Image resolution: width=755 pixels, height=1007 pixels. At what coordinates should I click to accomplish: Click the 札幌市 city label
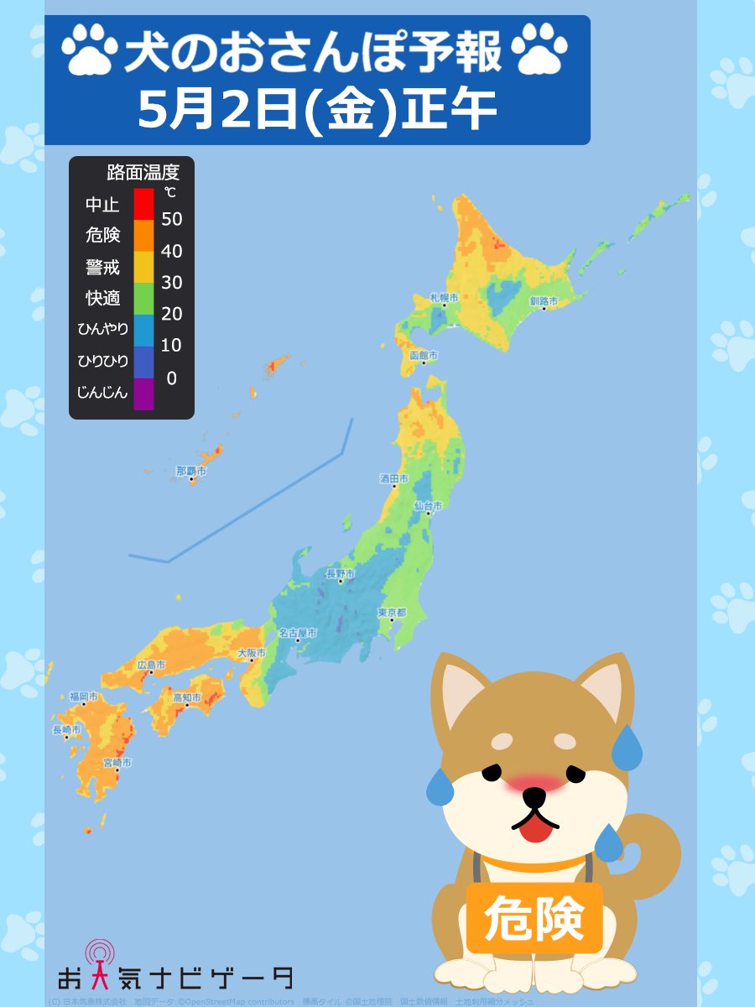tap(444, 298)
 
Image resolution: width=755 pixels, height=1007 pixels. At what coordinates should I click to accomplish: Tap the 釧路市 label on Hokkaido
tap(544, 300)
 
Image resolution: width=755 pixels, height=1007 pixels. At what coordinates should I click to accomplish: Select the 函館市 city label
tap(424, 356)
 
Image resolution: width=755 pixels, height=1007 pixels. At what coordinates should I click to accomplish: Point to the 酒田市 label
tap(394, 479)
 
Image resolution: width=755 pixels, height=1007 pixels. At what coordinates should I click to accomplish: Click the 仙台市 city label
tap(428, 506)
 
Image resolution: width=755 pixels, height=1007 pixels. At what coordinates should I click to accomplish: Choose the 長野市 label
tap(340, 574)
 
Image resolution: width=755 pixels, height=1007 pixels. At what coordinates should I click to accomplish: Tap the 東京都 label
tap(392, 613)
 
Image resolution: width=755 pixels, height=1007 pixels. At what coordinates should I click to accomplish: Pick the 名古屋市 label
tap(298, 633)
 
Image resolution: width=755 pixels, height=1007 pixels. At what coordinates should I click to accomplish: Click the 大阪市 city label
tap(252, 652)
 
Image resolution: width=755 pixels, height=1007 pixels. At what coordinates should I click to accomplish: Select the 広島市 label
tap(151, 665)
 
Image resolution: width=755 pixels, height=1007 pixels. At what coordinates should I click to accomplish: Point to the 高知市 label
tap(186, 697)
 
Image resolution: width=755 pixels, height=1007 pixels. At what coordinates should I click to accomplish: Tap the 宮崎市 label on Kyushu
tap(117, 762)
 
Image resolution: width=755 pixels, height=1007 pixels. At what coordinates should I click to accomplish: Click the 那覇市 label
tap(190, 472)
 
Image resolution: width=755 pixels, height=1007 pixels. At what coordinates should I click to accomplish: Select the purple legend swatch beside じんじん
tap(143, 394)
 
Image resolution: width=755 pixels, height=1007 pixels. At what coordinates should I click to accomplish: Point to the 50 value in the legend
tap(171, 220)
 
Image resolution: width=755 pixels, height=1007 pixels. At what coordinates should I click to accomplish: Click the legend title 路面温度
tap(143, 174)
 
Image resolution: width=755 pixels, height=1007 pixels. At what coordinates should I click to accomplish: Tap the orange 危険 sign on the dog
tap(534, 918)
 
